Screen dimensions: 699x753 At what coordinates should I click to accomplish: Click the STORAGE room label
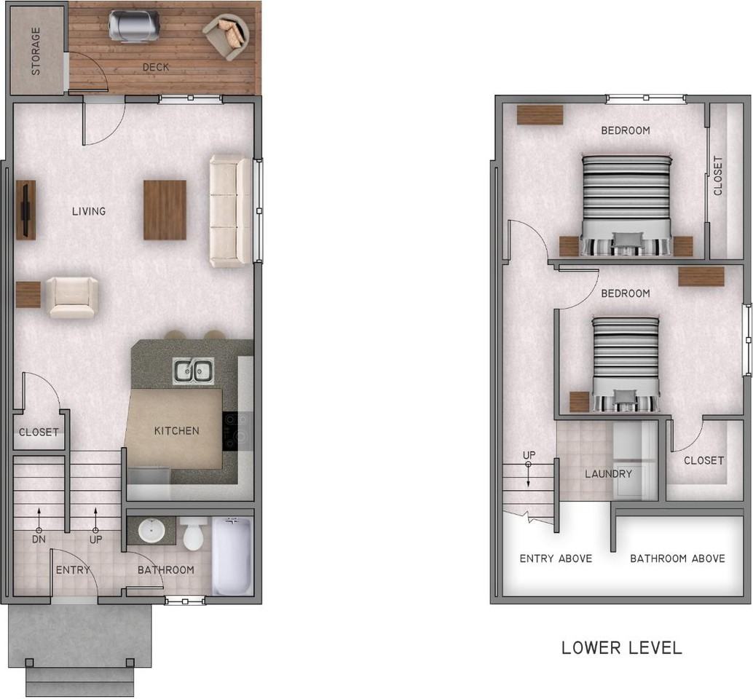point(35,52)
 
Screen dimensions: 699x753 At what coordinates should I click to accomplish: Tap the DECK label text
point(155,67)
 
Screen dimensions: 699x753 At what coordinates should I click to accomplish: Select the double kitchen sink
point(192,371)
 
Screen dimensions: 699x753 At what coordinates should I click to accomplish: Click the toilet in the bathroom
point(194,534)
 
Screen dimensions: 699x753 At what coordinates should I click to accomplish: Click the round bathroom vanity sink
point(151,530)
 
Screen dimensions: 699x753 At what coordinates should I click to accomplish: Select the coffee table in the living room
point(165,210)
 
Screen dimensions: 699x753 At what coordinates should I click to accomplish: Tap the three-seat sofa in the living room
point(230,210)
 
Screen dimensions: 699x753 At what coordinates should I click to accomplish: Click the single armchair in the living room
point(71,297)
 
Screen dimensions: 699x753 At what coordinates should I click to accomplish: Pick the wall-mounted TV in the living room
point(26,210)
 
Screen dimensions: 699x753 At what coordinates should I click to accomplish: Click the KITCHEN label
point(176,431)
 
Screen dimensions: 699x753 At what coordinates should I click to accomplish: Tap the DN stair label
point(39,540)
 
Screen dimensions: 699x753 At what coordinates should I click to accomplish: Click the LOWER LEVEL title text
point(621,647)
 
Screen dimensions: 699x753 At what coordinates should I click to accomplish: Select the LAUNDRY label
point(608,474)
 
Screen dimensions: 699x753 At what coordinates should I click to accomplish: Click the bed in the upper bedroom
point(626,205)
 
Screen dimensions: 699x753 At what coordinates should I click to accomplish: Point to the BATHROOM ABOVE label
point(677,558)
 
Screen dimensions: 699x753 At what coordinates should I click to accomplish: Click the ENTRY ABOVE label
point(555,558)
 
